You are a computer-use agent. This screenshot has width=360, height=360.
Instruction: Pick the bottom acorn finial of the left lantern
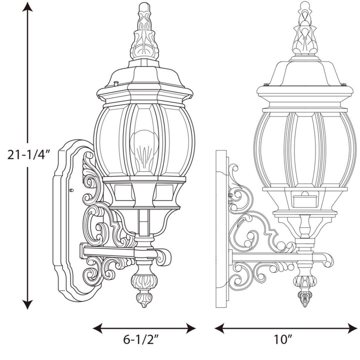click(142, 290)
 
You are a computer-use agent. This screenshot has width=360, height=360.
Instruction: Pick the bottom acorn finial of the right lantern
click(303, 290)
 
